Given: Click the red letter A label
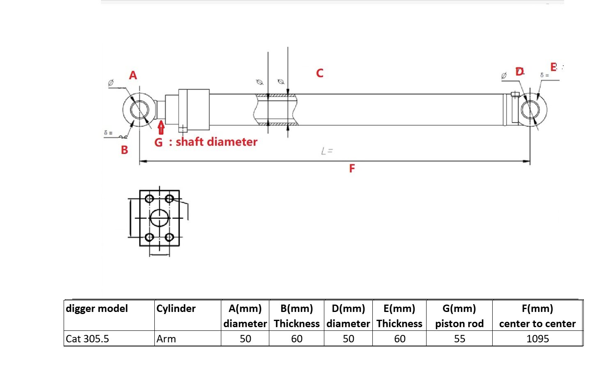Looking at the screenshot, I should point(133,76).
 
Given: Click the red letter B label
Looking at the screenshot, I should point(124,150).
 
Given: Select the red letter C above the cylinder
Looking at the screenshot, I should point(320,73).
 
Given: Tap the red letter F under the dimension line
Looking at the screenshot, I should point(352,169).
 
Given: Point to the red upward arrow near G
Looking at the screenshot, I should point(161,128).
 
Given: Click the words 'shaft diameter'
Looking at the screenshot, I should point(216,142).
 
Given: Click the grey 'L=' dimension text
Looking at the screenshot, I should point(327,151).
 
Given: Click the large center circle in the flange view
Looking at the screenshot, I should point(159,218).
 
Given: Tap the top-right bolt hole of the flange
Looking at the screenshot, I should point(169,199).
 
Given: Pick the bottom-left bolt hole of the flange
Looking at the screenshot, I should point(149,237).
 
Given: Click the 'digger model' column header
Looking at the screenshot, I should point(97,309).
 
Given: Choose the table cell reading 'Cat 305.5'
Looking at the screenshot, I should point(87,339).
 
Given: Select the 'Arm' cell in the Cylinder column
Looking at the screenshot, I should point(166,339).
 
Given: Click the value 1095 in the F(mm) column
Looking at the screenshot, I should point(537,339).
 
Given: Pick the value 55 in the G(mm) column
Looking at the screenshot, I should point(459,339).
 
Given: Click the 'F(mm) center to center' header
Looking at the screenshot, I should point(537,316).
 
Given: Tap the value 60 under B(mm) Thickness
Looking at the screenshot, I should point(296,339).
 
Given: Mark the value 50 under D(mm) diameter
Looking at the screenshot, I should point(348,339).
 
